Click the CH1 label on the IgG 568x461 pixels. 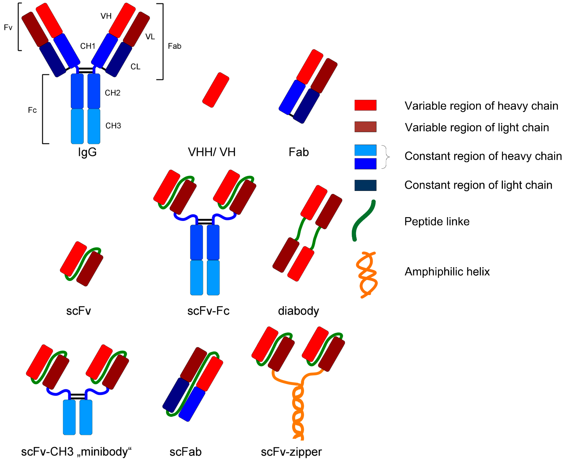tap(88, 46)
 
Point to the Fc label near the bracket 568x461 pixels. tap(32, 110)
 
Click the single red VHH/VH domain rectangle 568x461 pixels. tap(216, 90)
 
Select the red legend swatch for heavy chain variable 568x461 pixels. tap(365, 105)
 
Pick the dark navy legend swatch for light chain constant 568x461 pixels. tap(365, 185)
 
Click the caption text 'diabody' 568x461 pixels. tap(298, 311)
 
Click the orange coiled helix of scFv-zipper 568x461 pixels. tap(298, 414)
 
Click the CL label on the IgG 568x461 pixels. tap(135, 67)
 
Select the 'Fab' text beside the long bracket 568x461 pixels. tap(175, 46)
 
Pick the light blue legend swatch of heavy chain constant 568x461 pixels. tap(365, 150)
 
